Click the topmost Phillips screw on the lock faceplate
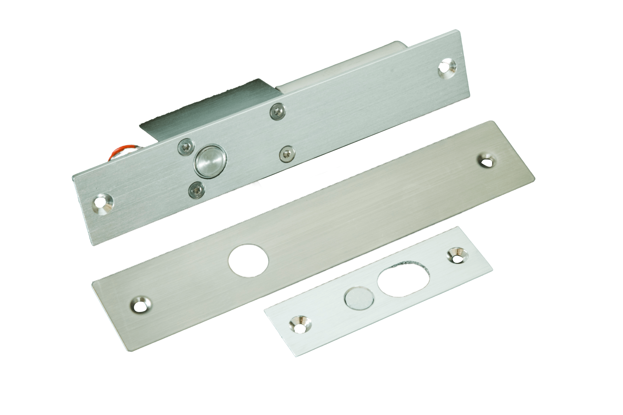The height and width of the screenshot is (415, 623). coord(277,111)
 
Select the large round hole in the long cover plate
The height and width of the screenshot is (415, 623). coord(249,260)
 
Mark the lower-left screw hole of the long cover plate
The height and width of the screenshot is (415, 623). coord(141,304)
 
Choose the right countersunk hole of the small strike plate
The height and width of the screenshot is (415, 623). coord(457,256)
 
